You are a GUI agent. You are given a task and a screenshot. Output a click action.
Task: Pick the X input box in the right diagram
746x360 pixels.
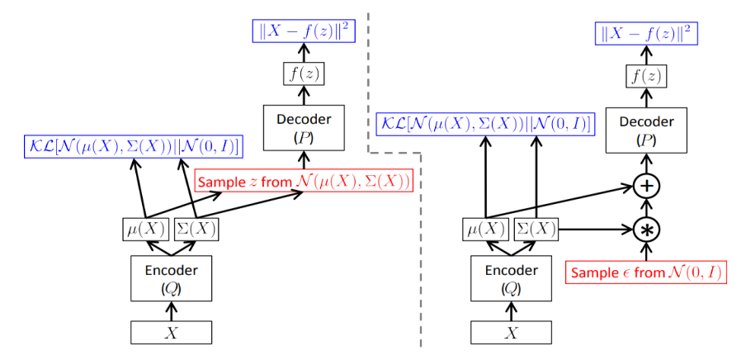click(x=512, y=332)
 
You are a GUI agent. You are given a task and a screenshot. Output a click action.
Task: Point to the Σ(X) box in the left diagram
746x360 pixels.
click(x=196, y=229)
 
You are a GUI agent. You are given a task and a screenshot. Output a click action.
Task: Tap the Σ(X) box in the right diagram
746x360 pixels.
click(x=536, y=229)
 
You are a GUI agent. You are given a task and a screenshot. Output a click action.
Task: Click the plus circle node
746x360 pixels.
click(x=647, y=187)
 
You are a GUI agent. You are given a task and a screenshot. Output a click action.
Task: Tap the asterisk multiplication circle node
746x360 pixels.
click(x=647, y=229)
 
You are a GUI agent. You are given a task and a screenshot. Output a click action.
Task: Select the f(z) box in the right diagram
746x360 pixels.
click(x=647, y=78)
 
